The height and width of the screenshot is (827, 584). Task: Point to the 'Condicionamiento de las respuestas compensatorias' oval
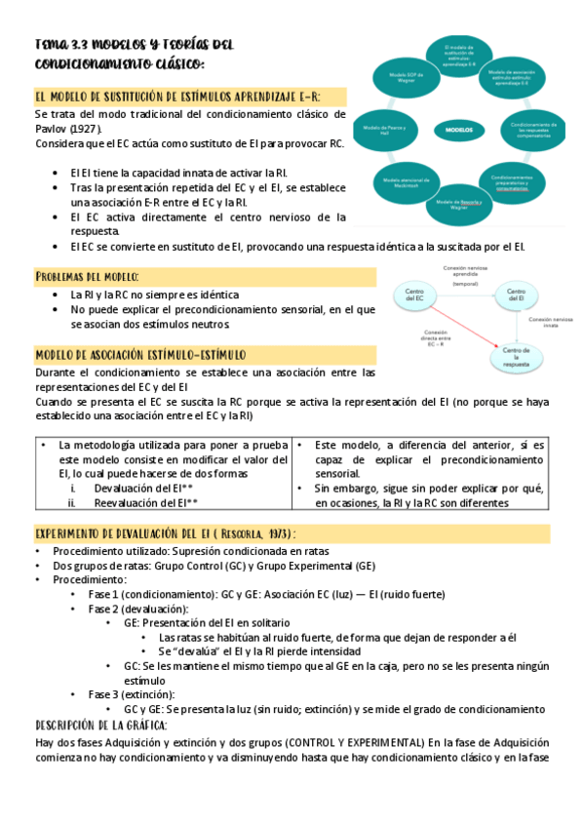pyautogui.click(x=532, y=130)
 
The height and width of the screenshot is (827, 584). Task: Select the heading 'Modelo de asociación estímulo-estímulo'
pyautogui.click(x=140, y=354)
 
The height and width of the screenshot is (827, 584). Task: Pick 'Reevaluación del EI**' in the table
pyautogui.click(x=146, y=503)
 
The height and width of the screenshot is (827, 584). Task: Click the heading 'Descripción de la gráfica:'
pyautogui.click(x=101, y=726)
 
